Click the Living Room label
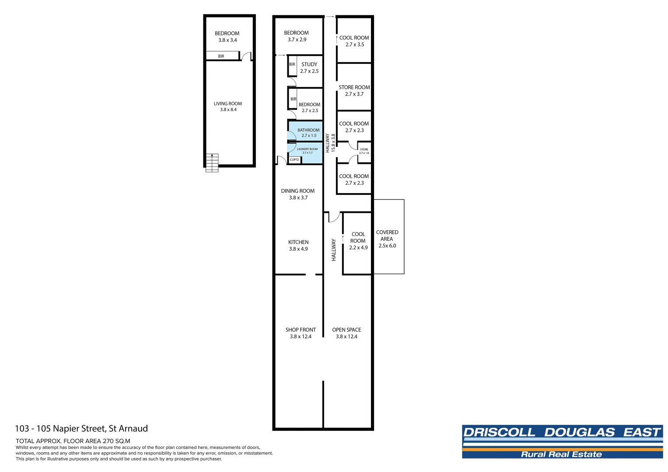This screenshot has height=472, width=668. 227,104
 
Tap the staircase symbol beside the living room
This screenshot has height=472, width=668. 212,163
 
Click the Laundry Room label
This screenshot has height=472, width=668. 307,149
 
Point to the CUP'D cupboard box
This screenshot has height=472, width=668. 294,160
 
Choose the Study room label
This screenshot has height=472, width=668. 309,64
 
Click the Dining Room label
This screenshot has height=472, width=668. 297,191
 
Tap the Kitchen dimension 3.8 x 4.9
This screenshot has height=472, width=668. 298,249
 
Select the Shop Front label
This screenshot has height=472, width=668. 301,330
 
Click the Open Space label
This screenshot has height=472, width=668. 346,330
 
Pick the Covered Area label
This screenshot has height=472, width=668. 387,236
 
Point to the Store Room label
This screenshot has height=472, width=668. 354,87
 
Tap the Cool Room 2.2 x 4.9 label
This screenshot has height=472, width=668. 358,241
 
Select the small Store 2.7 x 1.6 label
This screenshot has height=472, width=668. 364,151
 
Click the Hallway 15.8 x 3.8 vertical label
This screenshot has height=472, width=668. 330,143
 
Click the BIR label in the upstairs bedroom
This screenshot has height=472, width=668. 221,56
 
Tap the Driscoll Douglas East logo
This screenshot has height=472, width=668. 562,441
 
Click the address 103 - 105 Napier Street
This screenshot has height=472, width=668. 81,429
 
